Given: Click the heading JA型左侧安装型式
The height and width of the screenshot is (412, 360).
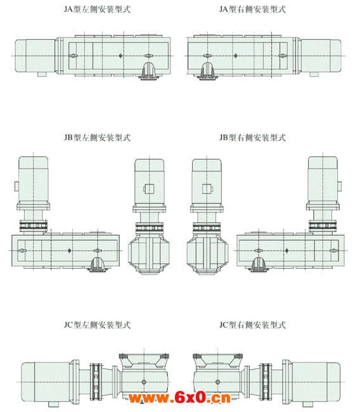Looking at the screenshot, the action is click(x=97, y=10).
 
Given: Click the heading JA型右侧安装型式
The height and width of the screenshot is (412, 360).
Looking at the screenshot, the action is click(x=252, y=10).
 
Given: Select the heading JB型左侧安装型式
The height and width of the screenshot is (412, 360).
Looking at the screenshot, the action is click(x=97, y=138).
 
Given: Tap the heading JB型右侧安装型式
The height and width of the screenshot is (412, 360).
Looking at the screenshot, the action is click(x=252, y=138).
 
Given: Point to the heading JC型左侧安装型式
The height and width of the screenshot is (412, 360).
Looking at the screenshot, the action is click(x=97, y=325).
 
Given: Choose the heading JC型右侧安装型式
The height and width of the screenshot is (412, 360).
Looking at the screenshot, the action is click(x=252, y=325).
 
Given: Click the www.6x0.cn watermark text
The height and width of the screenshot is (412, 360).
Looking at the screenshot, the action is click(x=179, y=397).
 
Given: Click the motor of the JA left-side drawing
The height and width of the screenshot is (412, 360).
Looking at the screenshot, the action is click(x=35, y=56).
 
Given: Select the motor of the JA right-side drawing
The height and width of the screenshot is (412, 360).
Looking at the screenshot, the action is click(x=321, y=56).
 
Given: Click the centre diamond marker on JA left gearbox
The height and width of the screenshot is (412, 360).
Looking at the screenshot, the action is click(x=120, y=56).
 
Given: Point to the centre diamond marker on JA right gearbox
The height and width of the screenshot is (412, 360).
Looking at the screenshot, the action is click(x=236, y=56).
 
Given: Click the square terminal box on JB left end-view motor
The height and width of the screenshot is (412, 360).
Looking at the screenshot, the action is click(x=149, y=189).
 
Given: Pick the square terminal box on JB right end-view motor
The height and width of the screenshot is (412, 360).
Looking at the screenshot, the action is click(x=207, y=189).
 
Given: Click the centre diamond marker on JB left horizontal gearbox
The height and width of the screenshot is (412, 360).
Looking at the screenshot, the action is click(x=69, y=250).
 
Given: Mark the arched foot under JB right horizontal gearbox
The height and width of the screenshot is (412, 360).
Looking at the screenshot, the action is click(x=259, y=264).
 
